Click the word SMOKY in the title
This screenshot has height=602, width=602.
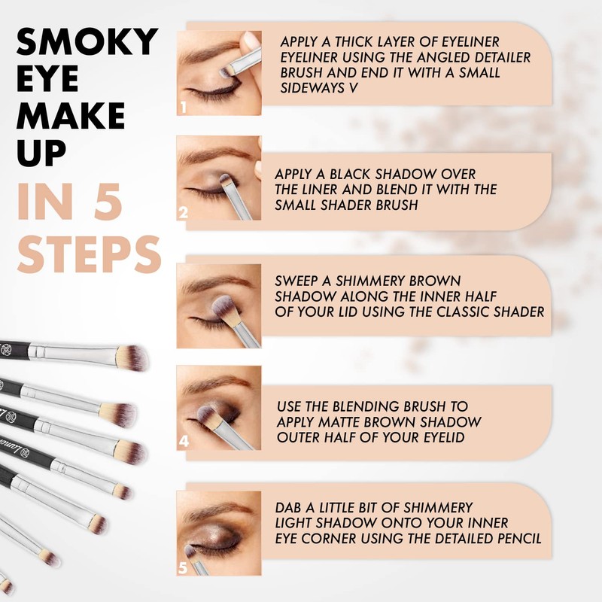(x=87, y=42)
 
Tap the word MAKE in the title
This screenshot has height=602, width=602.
(x=71, y=117)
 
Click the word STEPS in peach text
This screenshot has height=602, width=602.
(x=89, y=256)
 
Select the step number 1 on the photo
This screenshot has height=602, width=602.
(x=183, y=108)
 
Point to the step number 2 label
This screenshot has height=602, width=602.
(x=183, y=213)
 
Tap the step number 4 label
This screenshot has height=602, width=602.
(x=183, y=442)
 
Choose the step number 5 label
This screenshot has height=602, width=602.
(x=183, y=568)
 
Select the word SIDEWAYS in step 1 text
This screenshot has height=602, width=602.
(x=308, y=87)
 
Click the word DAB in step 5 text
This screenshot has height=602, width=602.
(x=290, y=506)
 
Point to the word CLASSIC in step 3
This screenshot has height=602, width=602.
(x=463, y=311)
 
